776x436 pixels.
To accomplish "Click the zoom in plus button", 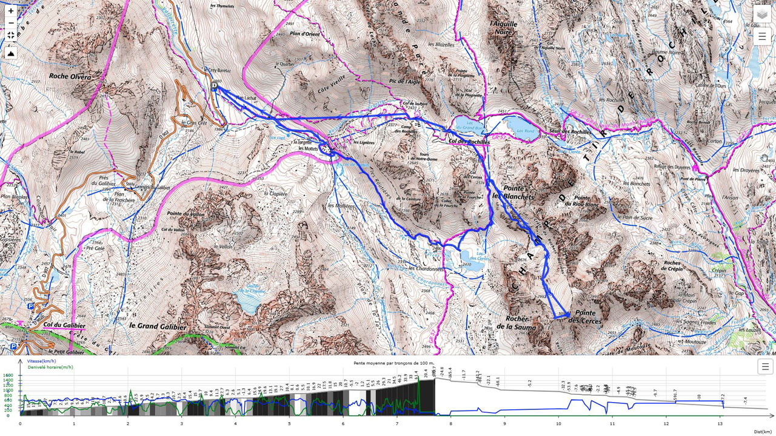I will (10, 11).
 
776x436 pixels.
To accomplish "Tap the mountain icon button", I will (10, 53).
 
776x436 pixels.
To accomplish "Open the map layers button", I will (762, 14).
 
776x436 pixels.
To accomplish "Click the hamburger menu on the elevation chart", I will (765, 366).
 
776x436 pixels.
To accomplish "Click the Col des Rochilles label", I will (469, 142).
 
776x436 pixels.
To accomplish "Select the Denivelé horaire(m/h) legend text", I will (50, 367).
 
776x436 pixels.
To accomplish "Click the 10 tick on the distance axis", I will (558, 424).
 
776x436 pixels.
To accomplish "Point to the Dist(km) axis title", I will (762, 431).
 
